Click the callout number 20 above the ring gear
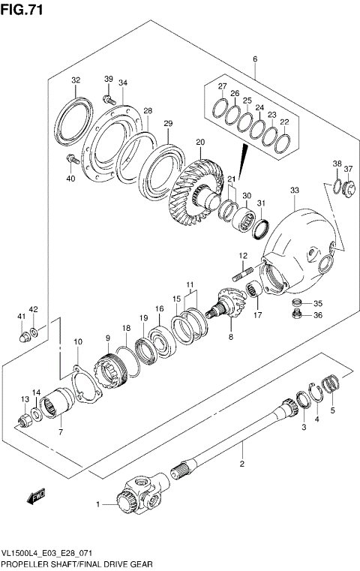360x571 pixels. (199, 142)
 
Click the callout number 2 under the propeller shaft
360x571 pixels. (242, 465)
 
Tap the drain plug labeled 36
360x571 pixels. (297, 315)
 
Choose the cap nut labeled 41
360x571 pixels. (24, 335)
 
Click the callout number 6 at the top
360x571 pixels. (255, 59)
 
